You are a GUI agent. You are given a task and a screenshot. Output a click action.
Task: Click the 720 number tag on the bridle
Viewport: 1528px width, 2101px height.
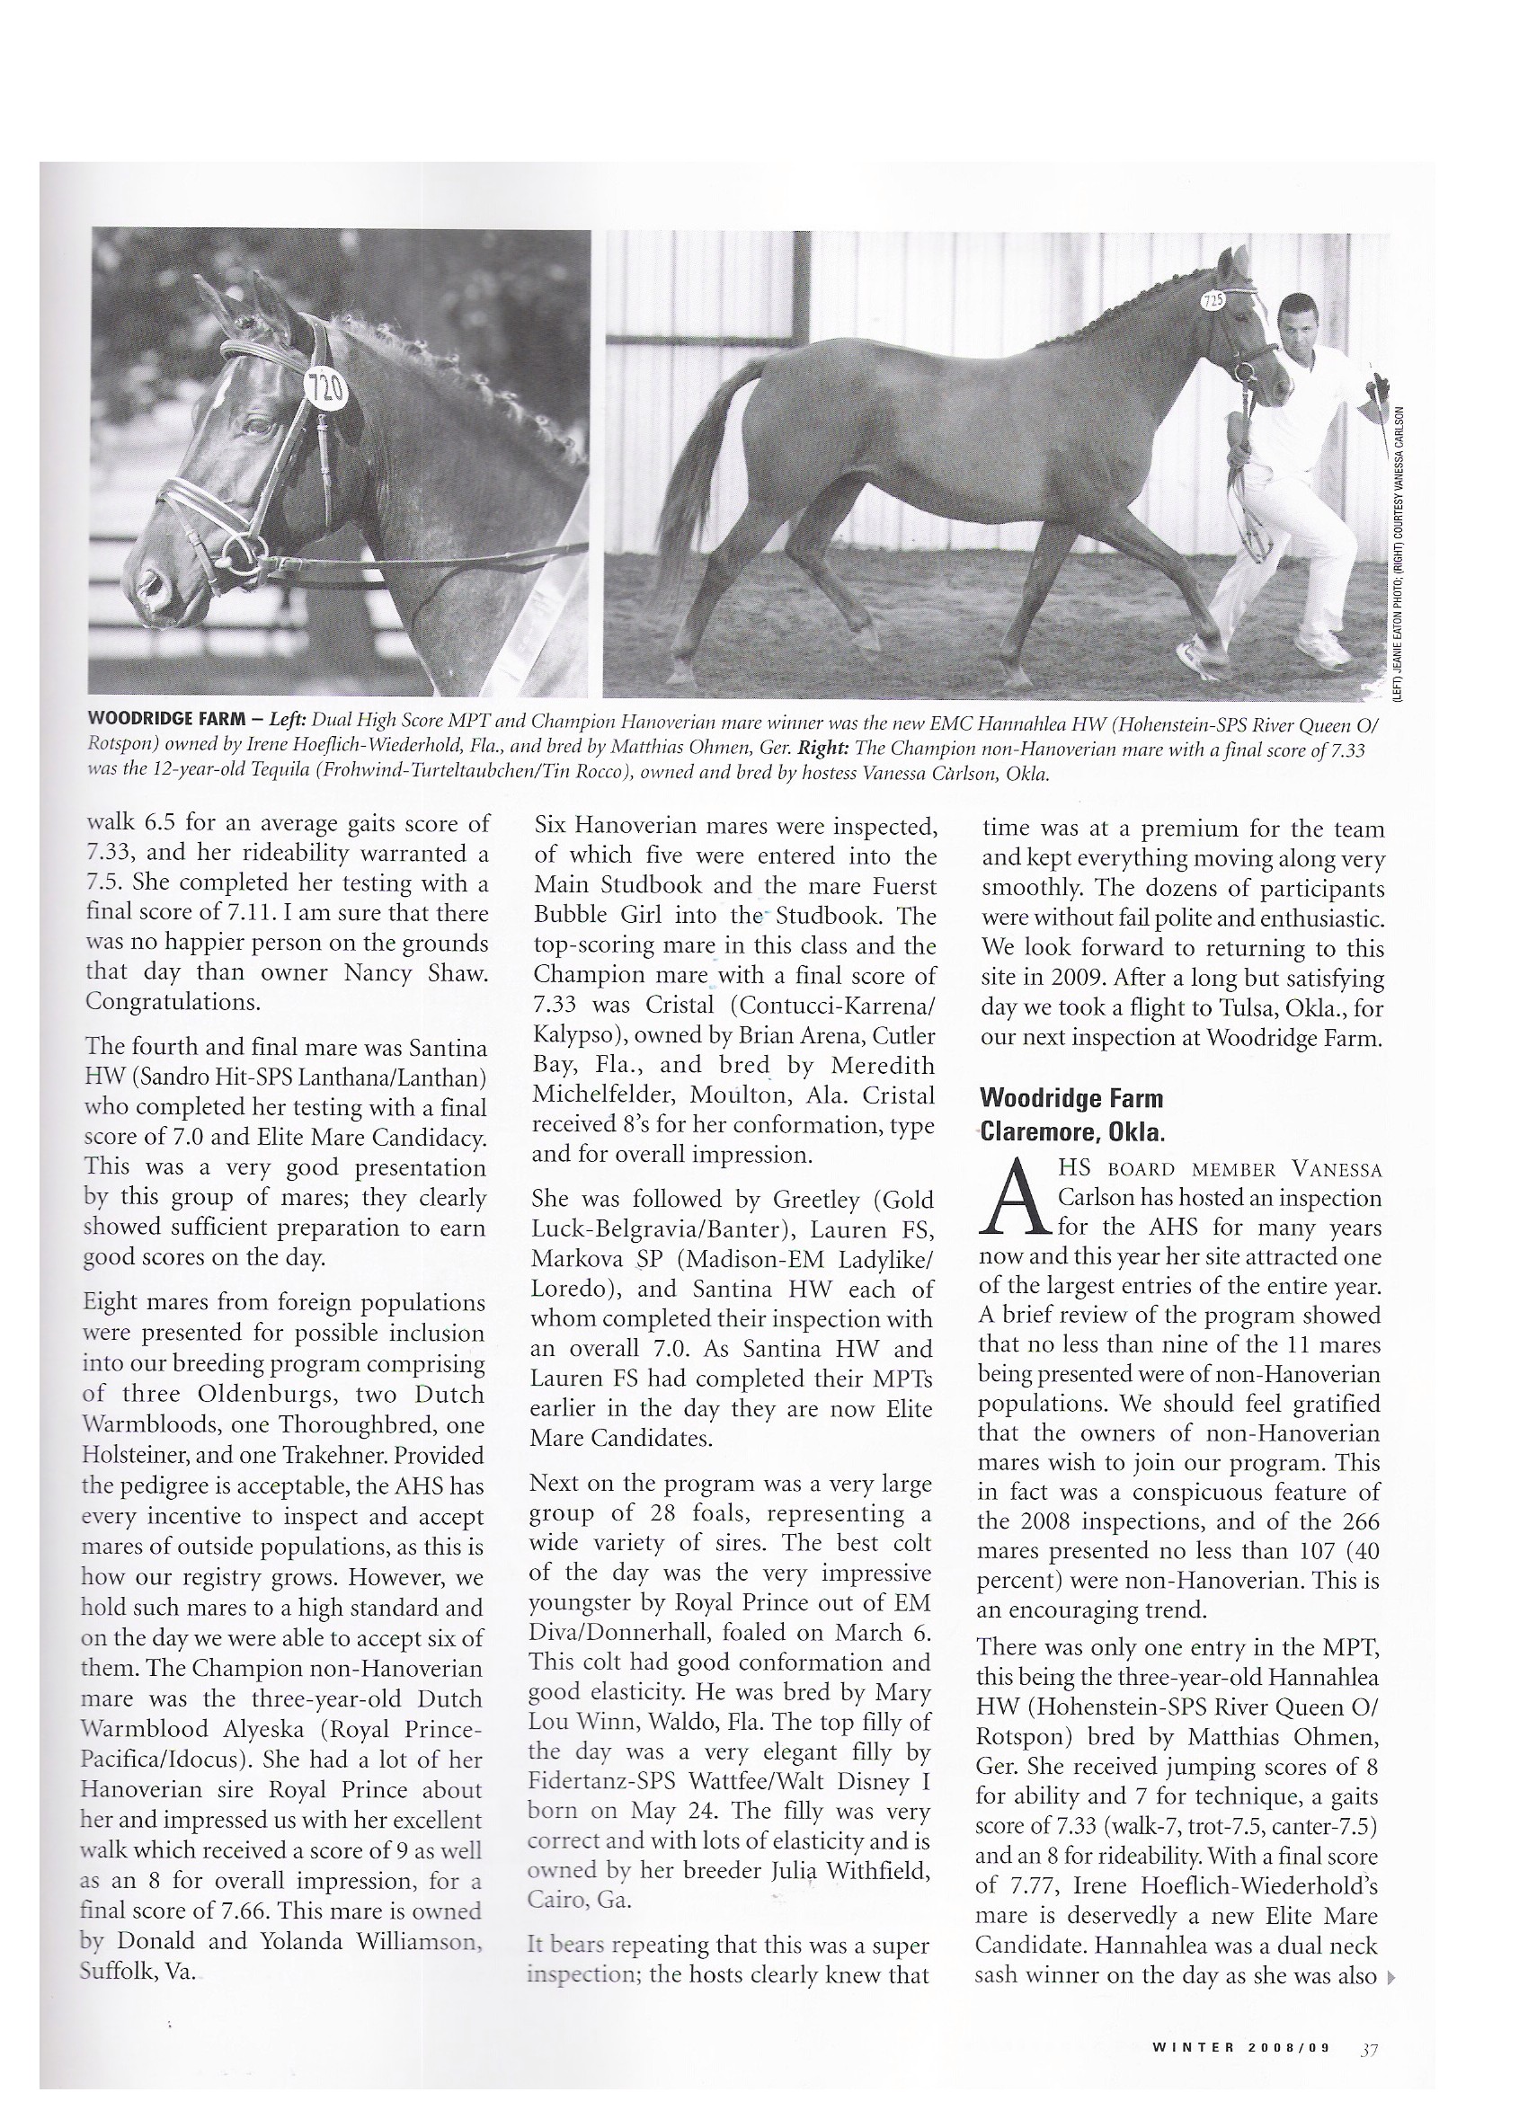pyautogui.click(x=326, y=388)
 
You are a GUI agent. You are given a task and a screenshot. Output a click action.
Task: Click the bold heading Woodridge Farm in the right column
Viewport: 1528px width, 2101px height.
pyautogui.click(x=1070, y=1099)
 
